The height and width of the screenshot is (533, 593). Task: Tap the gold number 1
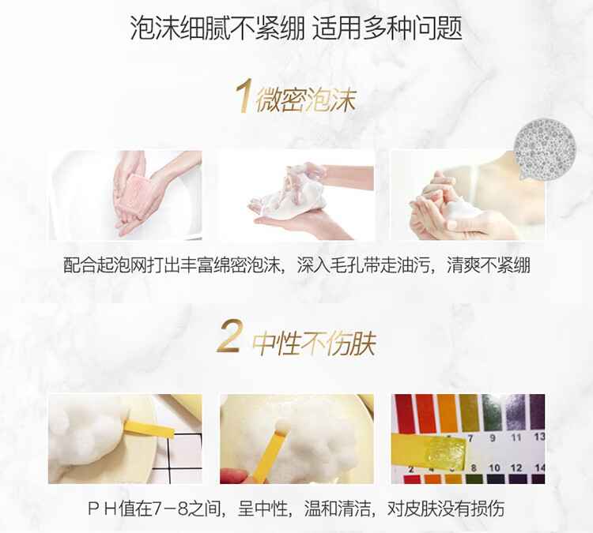tap(244, 96)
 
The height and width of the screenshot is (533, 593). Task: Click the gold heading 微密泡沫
tap(305, 99)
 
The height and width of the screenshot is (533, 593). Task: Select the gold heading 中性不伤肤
tap(313, 343)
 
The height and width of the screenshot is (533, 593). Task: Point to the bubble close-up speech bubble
tap(544, 148)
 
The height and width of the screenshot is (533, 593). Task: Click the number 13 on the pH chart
tap(539, 437)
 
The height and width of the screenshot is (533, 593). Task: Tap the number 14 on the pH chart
tap(540, 467)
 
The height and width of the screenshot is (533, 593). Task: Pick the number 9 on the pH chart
tap(492, 437)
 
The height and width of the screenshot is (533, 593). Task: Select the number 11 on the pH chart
tap(516, 437)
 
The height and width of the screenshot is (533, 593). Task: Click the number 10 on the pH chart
tap(494, 467)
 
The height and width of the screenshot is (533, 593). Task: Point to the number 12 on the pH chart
tap(516, 467)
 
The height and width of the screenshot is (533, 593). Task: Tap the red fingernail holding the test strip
tap(230, 475)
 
